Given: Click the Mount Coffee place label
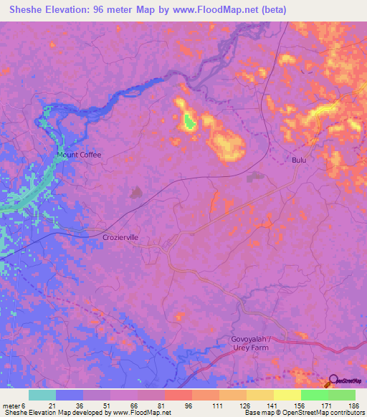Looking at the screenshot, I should click(x=80, y=155).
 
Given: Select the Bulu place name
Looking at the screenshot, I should click(x=299, y=160).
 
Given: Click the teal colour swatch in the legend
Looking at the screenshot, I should click(x=42, y=395).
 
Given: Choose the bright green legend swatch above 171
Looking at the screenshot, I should click(x=315, y=395).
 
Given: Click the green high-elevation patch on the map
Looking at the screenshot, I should click(x=189, y=122).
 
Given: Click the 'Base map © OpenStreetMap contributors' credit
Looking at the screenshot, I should click(x=303, y=413).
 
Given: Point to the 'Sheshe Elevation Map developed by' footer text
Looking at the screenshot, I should click(x=54, y=413).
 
